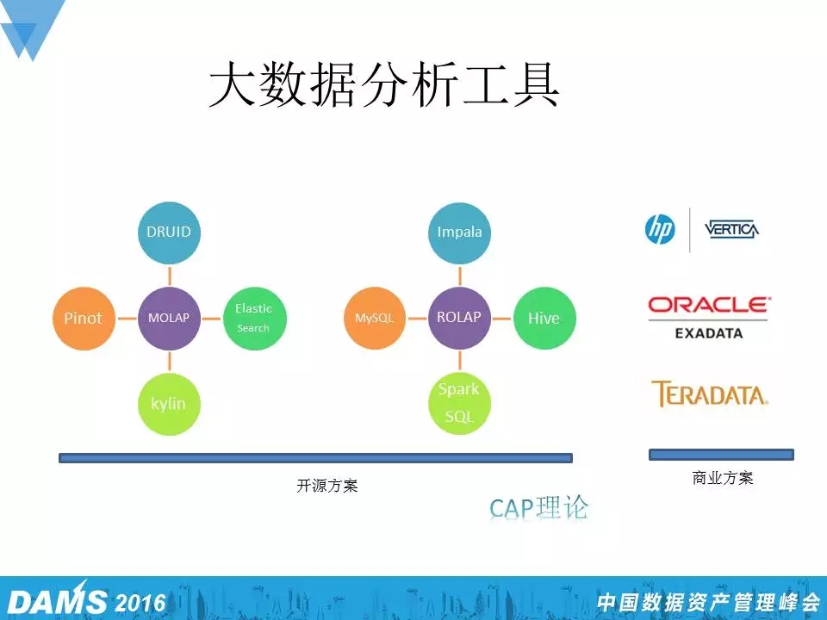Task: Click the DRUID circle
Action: pyautogui.click(x=170, y=232)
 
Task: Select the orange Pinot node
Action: pyautogui.click(x=84, y=319)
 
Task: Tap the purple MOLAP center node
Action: pyautogui.click(x=170, y=319)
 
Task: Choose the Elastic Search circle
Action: pyautogui.click(x=255, y=319)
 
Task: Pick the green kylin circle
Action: pyautogui.click(x=170, y=404)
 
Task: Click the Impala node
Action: pyautogui.click(x=459, y=232)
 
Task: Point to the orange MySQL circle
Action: pyautogui.click(x=375, y=319)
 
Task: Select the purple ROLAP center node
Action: pyautogui.click(x=459, y=319)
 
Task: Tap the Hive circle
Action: pyautogui.click(x=544, y=319)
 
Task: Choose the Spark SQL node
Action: pyautogui.click(x=459, y=404)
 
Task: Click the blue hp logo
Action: pyautogui.click(x=660, y=230)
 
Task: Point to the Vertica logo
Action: pyautogui.click(x=732, y=229)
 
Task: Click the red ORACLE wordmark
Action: pyautogui.click(x=709, y=305)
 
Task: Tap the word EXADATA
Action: pyautogui.click(x=709, y=333)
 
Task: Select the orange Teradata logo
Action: pyautogui.click(x=709, y=394)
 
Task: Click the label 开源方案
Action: pyautogui.click(x=327, y=486)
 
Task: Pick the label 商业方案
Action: pyautogui.click(x=723, y=478)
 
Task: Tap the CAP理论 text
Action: pyautogui.click(x=538, y=508)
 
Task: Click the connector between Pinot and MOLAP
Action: pyautogui.click(x=127, y=319)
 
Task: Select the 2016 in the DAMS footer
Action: pyautogui.click(x=140, y=603)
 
